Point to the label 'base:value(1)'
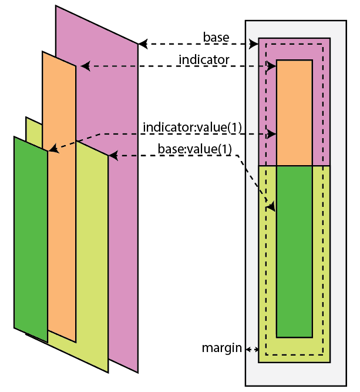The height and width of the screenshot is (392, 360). click(x=195, y=149)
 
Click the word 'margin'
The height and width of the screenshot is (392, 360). click(x=222, y=348)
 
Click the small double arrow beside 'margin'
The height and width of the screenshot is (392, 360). click(x=252, y=349)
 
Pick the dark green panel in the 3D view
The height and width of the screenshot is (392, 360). click(x=29, y=235)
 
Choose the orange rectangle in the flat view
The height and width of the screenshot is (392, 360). click(x=294, y=112)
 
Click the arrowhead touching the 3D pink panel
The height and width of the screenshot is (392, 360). click(x=142, y=44)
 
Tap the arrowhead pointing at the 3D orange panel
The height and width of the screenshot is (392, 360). click(x=83, y=66)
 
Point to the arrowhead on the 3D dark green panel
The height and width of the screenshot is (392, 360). click(x=52, y=149)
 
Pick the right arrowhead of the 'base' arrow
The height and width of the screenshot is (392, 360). click(x=255, y=44)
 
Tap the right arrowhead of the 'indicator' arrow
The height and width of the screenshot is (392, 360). click(x=272, y=66)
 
